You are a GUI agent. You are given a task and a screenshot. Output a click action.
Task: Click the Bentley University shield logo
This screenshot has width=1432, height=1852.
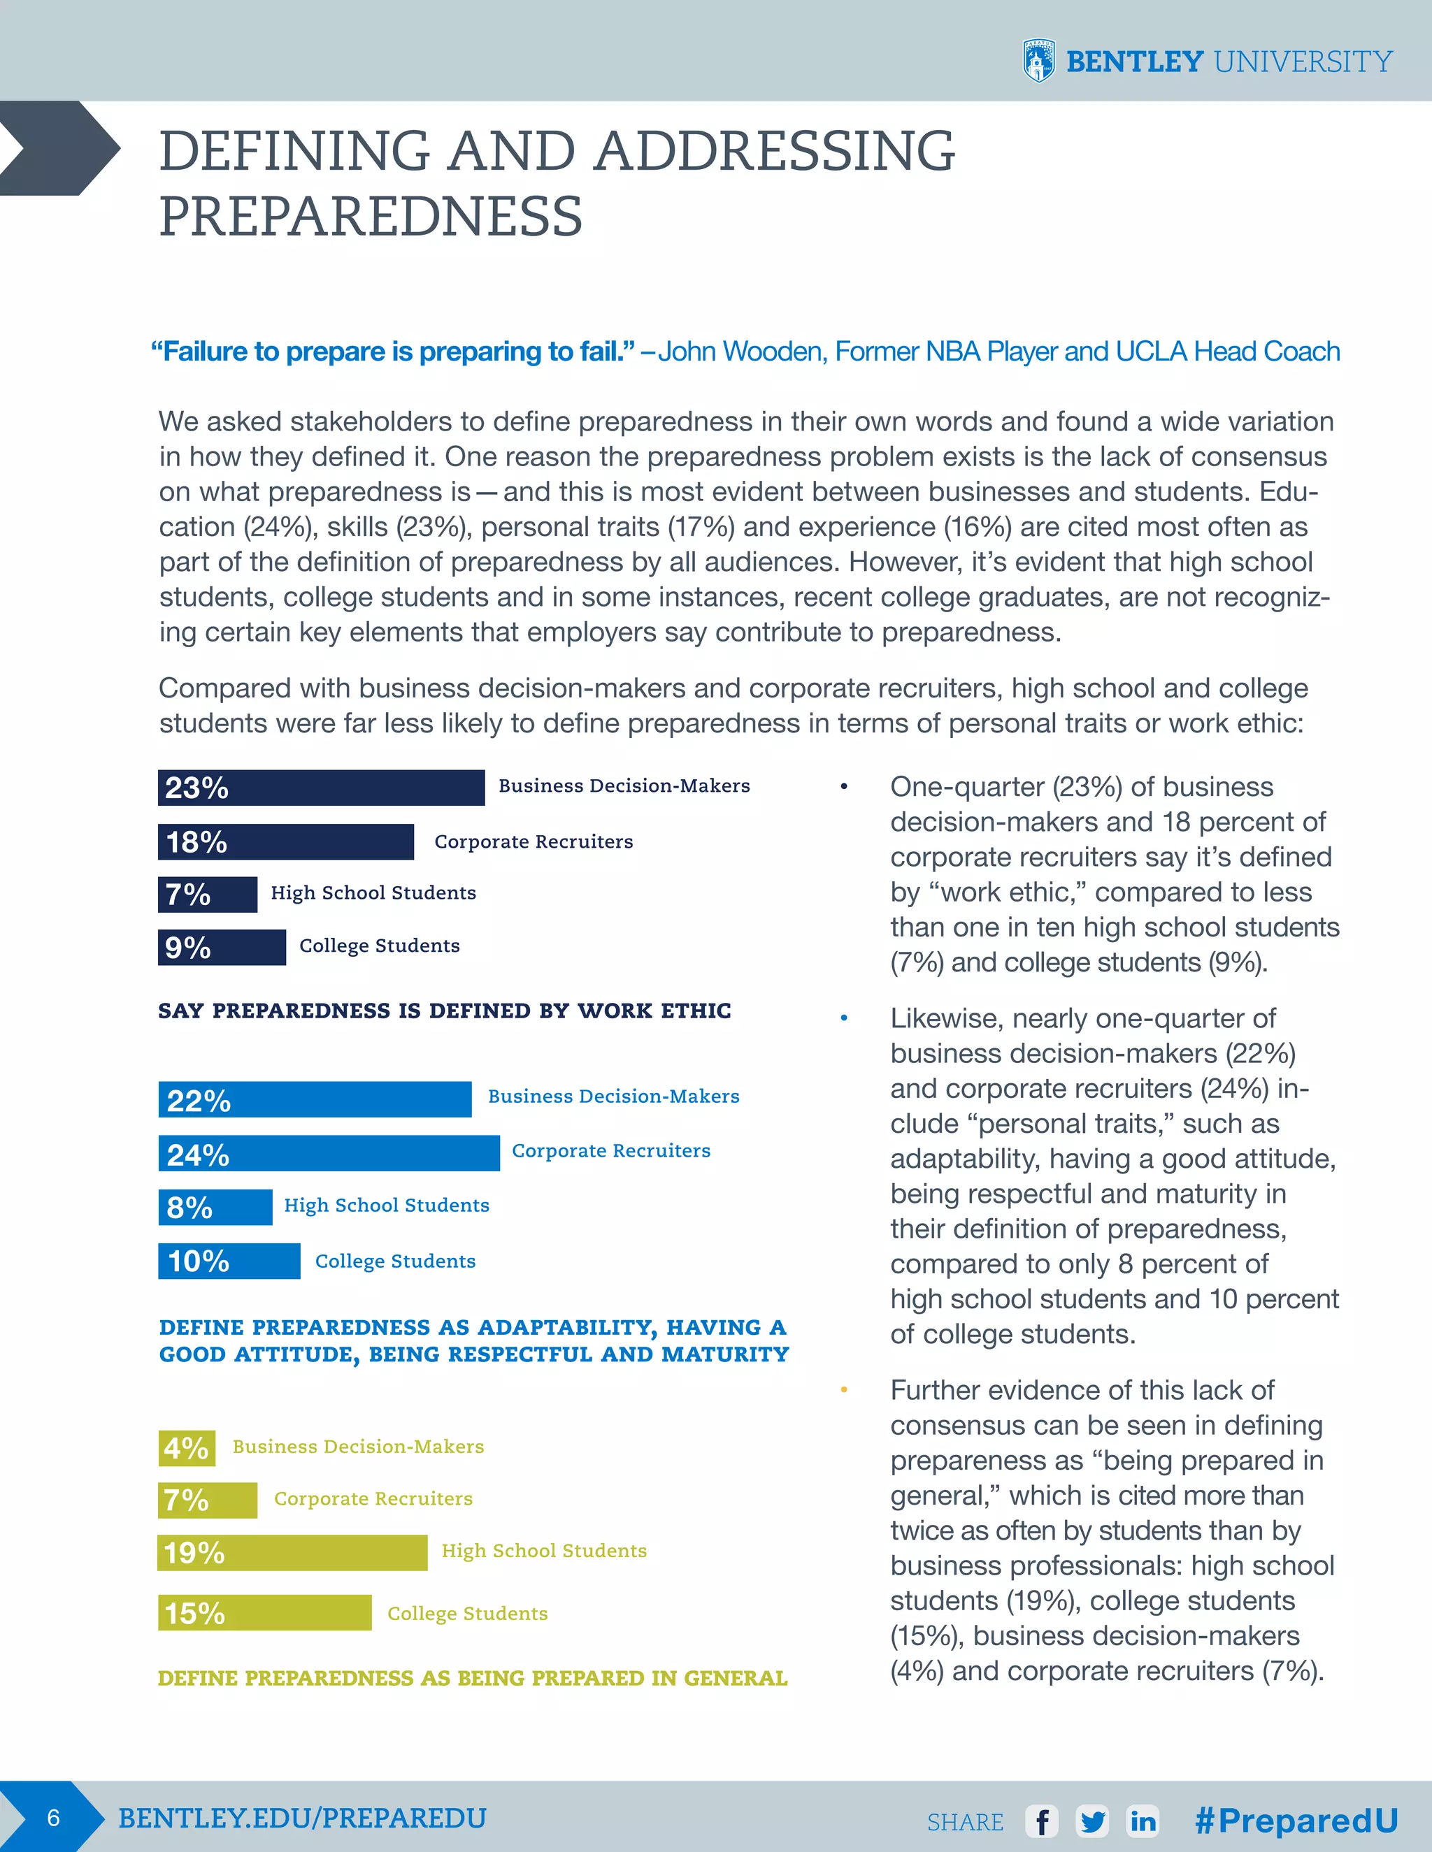[x=1039, y=61]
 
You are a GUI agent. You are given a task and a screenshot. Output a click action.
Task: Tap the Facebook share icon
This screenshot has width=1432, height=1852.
[x=1042, y=1821]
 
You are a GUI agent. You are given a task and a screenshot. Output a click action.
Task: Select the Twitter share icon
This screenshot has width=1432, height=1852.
[x=1093, y=1821]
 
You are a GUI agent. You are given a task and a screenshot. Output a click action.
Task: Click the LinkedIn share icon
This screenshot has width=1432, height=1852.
[x=1143, y=1821]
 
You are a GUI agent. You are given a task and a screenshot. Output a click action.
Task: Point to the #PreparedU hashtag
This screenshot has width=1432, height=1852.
[x=1296, y=1820]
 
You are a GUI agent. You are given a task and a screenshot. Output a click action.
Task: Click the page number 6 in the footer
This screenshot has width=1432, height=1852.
[x=53, y=1817]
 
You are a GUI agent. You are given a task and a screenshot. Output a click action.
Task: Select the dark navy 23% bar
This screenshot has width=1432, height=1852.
[x=321, y=788]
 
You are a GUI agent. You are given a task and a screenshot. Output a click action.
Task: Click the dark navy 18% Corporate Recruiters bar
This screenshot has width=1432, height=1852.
[x=286, y=842]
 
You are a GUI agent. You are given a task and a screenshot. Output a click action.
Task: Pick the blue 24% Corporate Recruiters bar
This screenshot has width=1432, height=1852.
[x=329, y=1153]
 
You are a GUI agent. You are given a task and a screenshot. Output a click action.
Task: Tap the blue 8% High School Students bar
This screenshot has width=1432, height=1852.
[x=215, y=1207]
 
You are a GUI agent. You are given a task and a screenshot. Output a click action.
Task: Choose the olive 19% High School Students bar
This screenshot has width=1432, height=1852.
[x=293, y=1553]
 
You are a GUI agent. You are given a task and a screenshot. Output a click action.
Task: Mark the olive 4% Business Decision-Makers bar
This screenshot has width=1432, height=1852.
[x=187, y=1447]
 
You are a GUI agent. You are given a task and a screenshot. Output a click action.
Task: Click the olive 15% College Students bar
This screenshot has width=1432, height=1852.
[x=265, y=1612]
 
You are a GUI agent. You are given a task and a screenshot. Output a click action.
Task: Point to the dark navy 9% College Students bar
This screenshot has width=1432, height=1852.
[x=222, y=947]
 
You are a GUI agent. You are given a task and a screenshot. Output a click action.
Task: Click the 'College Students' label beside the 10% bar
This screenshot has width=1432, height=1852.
[x=395, y=1261]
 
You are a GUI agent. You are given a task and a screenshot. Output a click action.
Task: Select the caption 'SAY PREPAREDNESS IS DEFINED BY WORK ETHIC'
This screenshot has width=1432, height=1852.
[x=445, y=1011]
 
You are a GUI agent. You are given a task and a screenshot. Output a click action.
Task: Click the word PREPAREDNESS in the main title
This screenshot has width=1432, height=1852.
[x=371, y=216]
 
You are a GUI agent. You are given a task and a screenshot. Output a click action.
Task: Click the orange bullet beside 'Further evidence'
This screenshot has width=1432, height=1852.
[x=844, y=1390]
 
